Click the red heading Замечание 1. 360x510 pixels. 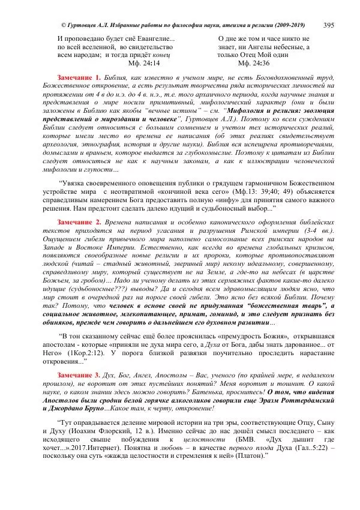pos(79,79)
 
